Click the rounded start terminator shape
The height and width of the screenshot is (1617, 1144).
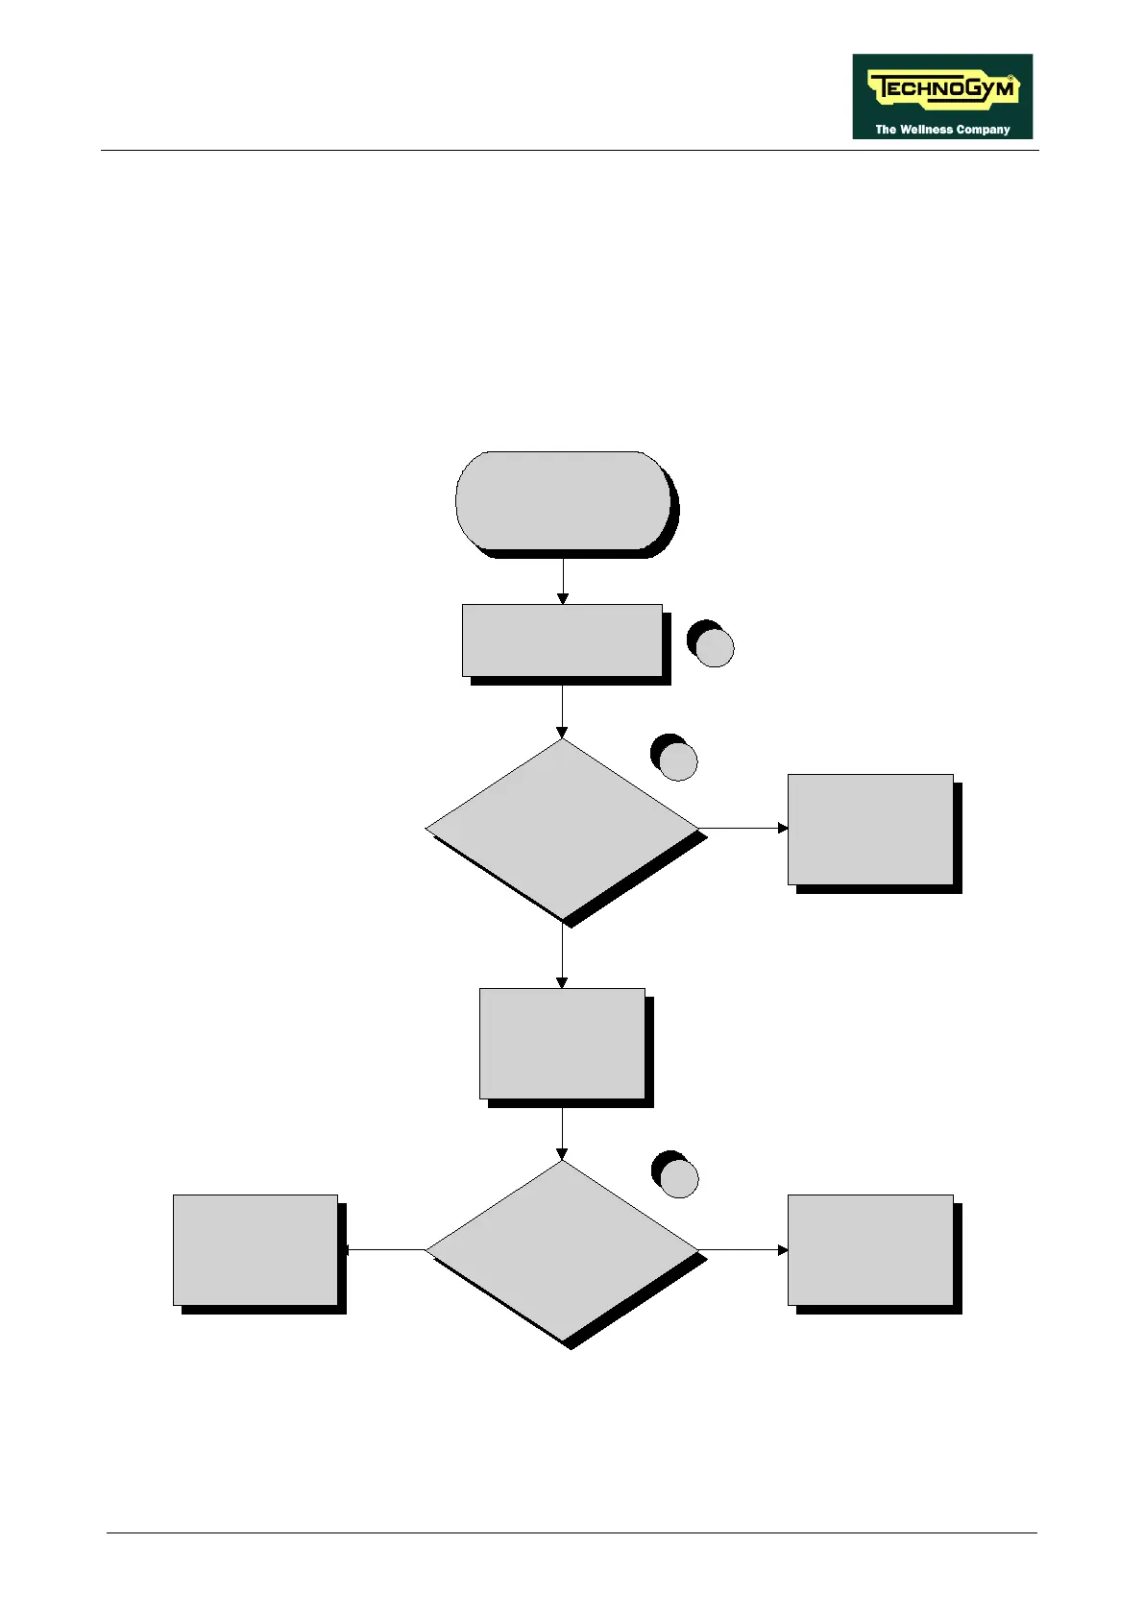[562, 500]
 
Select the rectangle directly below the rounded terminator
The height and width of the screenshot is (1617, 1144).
[562, 640]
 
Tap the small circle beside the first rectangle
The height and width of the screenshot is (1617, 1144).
[714, 647]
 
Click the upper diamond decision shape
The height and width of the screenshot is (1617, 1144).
[562, 828]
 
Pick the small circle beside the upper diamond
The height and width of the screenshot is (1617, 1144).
[677, 760]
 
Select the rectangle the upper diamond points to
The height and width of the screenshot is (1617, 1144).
[870, 829]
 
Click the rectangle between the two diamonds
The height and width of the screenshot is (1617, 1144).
[562, 1043]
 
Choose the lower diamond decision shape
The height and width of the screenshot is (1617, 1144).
[562, 1250]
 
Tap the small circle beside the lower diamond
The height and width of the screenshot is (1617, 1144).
[678, 1177]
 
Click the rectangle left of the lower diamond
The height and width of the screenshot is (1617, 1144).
[256, 1250]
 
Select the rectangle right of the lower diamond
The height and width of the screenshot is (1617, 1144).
[870, 1250]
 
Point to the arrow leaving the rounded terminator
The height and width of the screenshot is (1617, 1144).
[562, 581]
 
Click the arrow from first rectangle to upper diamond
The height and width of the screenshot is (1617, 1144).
[562, 712]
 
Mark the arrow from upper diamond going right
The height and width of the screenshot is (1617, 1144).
[743, 828]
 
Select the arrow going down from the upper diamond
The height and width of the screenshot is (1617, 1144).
[562, 955]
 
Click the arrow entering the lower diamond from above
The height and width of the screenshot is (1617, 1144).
[562, 1134]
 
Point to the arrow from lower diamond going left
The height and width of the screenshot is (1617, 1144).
[384, 1250]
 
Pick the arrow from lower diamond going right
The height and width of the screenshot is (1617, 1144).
[743, 1250]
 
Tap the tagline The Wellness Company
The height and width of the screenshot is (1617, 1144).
[942, 130]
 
